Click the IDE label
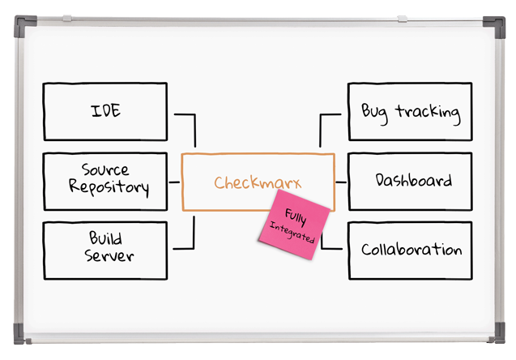click(x=105, y=110)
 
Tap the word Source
click(x=105, y=169)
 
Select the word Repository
click(x=109, y=188)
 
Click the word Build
click(x=105, y=238)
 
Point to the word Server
click(x=109, y=255)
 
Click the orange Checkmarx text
click(x=258, y=182)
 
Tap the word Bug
click(x=374, y=113)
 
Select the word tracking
click(x=429, y=114)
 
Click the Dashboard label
click(x=414, y=180)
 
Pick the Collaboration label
click(x=412, y=250)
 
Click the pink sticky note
click(x=294, y=225)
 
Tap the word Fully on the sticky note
click(x=296, y=216)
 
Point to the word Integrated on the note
click(x=292, y=233)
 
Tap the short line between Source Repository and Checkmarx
click(x=174, y=182)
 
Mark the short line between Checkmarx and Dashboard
click(x=341, y=182)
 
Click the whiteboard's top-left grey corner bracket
click(x=23, y=23)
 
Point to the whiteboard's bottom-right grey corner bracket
click(x=499, y=333)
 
